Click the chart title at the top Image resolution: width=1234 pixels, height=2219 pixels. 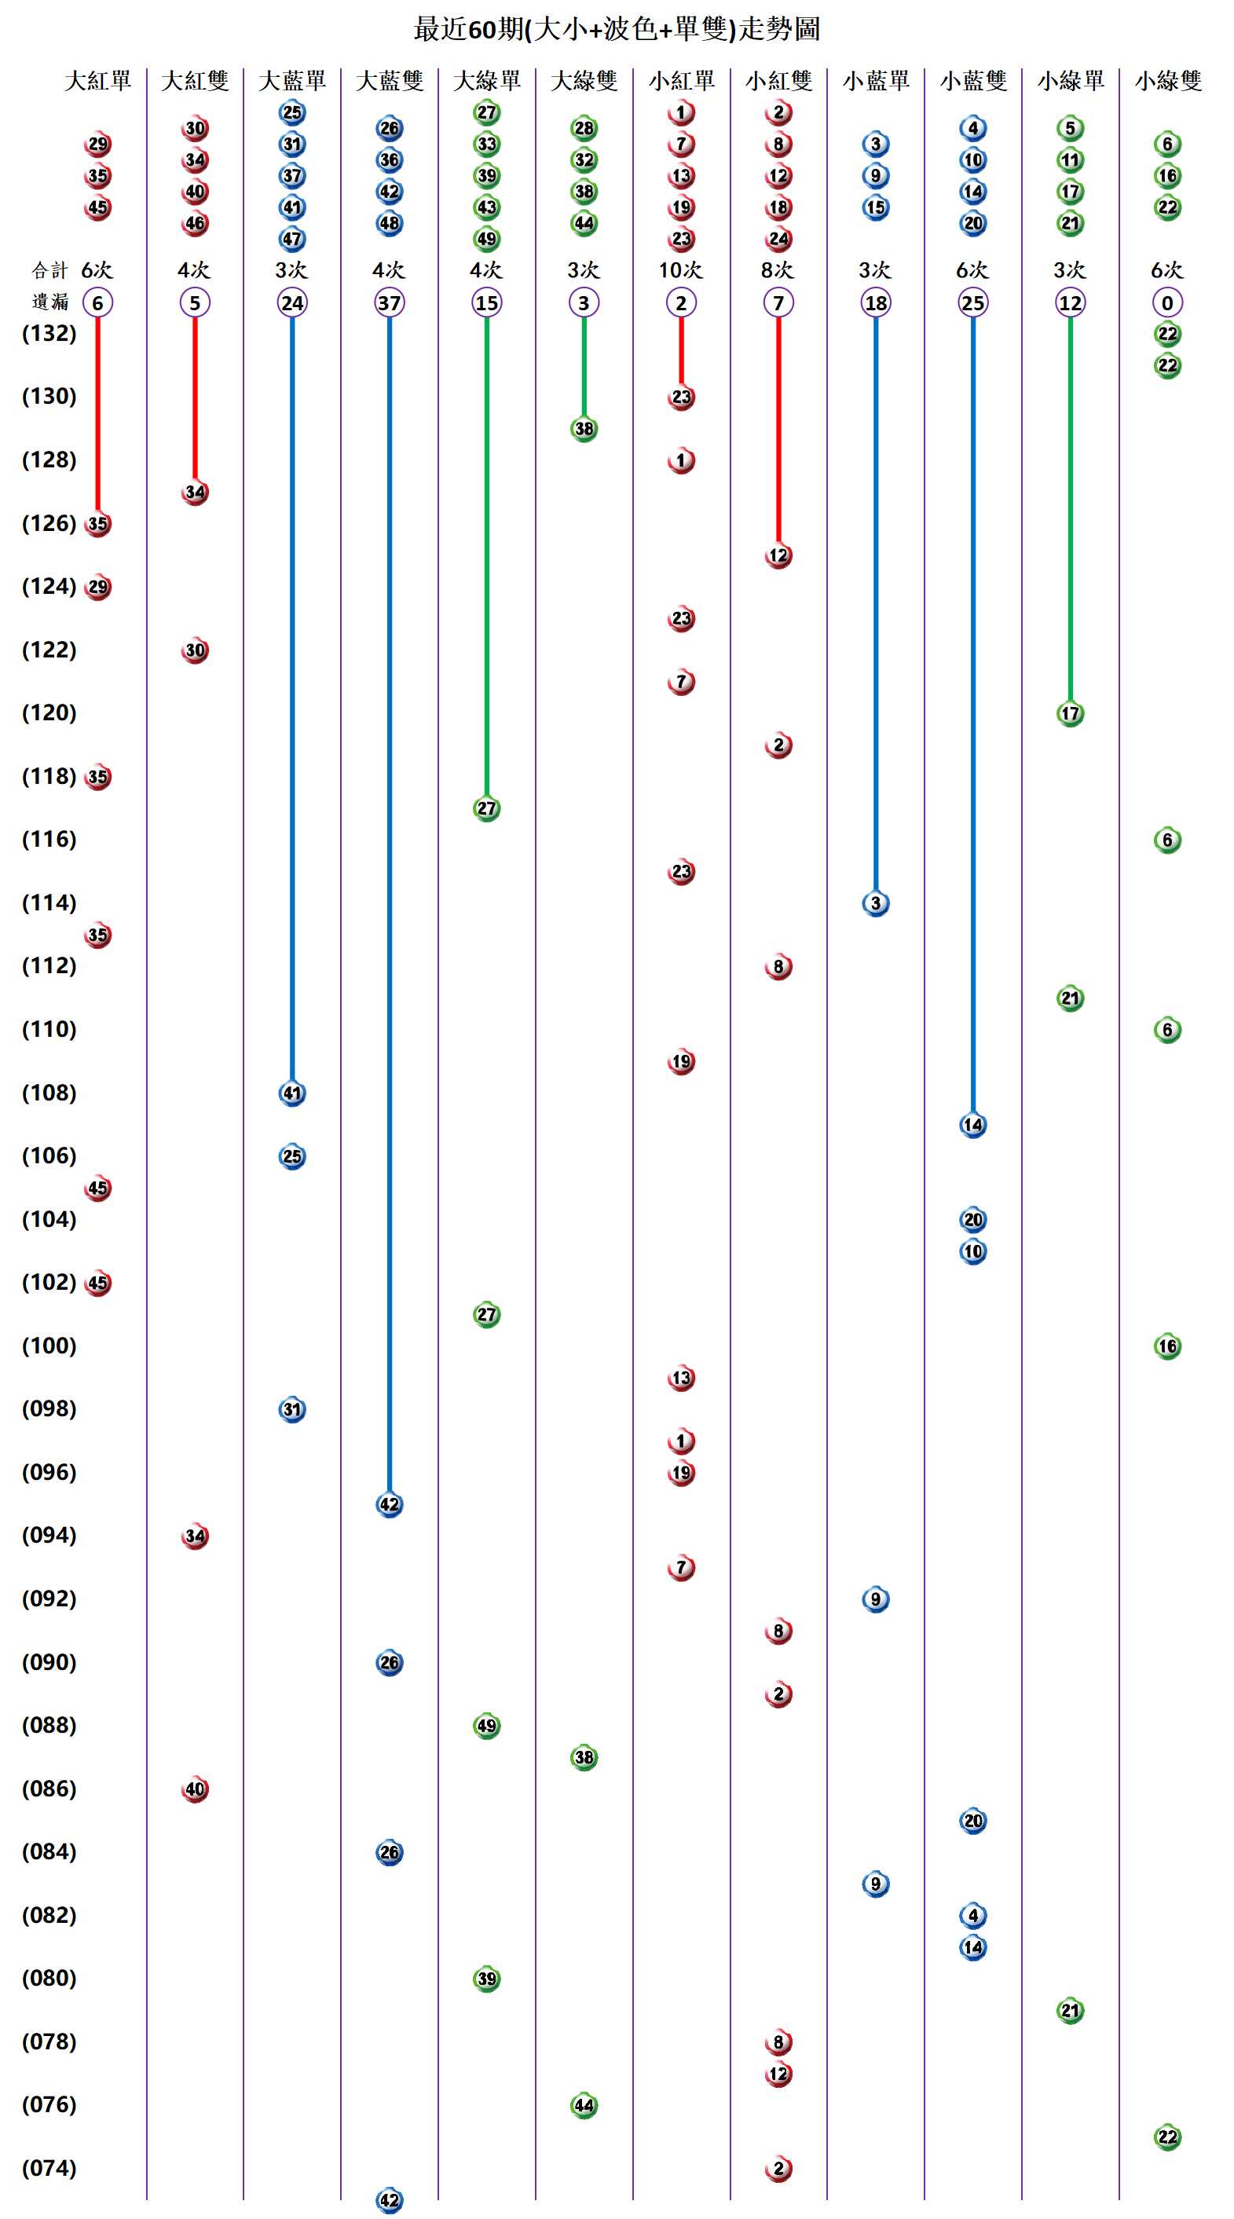617,29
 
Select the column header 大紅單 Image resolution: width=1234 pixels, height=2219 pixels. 97,81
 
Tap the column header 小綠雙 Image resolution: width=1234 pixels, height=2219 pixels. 1168,81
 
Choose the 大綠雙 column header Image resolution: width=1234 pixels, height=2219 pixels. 584,81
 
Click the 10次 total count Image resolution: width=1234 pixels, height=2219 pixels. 680,270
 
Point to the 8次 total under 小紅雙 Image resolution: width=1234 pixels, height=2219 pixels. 777,270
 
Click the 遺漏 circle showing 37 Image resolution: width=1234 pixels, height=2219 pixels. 390,303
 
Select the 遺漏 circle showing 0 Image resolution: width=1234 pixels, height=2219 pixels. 1168,303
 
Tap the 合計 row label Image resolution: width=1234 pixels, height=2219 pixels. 49,270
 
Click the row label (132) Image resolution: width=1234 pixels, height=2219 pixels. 49,333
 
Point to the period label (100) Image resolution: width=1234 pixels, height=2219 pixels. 49,1346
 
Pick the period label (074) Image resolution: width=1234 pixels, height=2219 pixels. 49,2168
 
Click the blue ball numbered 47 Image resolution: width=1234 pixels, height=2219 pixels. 293,240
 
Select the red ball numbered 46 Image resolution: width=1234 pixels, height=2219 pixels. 196,223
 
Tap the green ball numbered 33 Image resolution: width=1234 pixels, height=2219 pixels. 486,144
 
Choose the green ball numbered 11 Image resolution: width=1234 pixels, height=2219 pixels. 1071,160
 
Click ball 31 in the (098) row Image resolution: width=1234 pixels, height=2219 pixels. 293,1409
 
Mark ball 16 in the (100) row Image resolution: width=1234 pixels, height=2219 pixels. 1168,1346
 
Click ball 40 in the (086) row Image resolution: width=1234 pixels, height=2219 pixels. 196,1789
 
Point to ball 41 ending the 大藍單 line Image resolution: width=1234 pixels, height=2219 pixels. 293,1093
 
